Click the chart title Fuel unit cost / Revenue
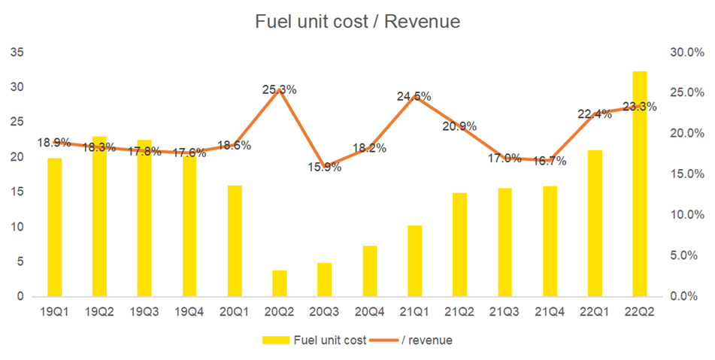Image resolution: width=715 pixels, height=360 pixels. tap(357, 23)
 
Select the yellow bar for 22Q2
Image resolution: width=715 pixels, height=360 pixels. tap(640, 183)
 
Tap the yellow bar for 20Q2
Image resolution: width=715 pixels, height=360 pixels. tap(280, 283)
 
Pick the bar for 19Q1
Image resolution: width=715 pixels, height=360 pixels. tap(54, 227)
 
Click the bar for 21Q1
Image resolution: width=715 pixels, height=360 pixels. tap(414, 261)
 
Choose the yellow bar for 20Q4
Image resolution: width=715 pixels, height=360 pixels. tap(369, 271)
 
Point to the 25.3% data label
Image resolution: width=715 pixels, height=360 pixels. tap(279, 89)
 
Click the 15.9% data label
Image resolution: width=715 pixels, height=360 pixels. tap(324, 167)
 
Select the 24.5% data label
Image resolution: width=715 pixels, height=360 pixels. tap(414, 96)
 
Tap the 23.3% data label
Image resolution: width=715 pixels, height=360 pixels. tap(640, 107)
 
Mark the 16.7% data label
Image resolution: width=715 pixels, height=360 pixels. tap(550, 161)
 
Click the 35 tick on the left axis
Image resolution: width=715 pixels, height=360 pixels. tap(18, 53)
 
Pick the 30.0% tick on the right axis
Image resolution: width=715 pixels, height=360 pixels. tap(686, 53)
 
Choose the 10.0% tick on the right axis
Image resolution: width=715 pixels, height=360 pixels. tap(686, 215)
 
